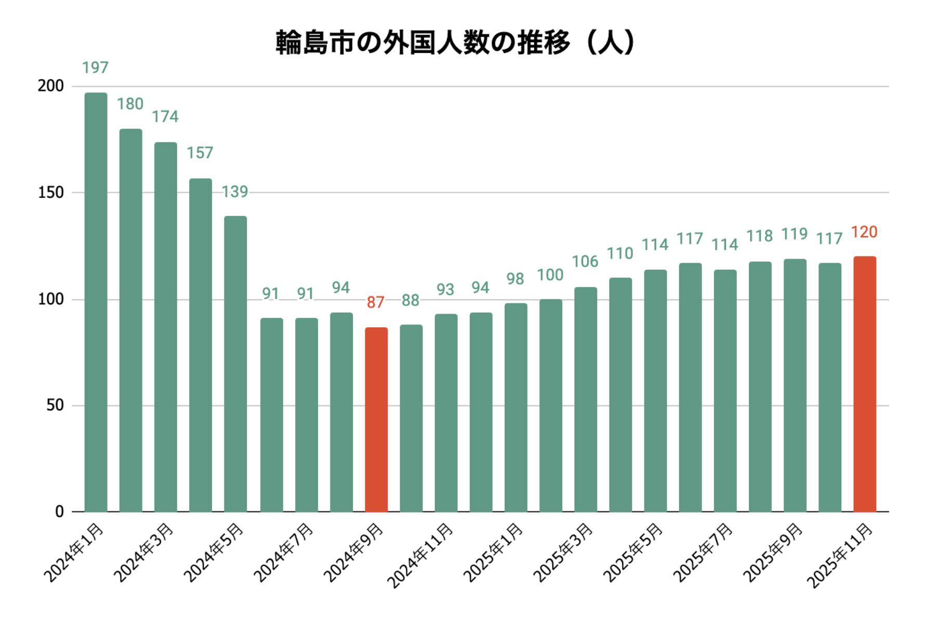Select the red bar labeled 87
tap(376, 420)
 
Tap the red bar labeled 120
tap(865, 384)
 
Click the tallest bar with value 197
tap(96, 302)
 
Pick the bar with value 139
tap(235, 364)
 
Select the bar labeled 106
tap(586, 399)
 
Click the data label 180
tap(130, 104)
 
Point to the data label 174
tap(165, 117)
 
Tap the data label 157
tap(200, 153)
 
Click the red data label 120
tap(864, 232)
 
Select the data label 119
tap(795, 234)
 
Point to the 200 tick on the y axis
tap(50, 86)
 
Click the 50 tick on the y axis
tap(55, 406)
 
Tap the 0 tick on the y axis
tap(59, 512)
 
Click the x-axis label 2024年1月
tap(74, 553)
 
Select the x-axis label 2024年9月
tap(353, 553)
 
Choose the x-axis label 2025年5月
tap(633, 553)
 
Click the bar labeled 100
tap(551, 406)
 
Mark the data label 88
tap(411, 300)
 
